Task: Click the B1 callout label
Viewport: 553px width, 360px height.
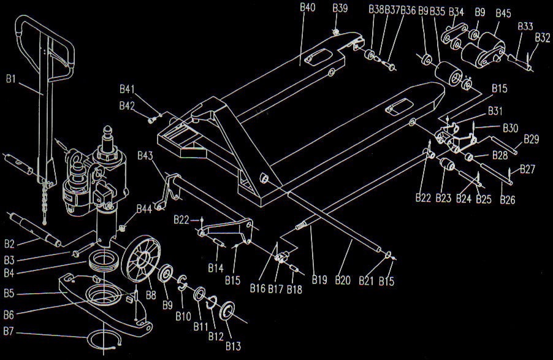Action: [x=12, y=79]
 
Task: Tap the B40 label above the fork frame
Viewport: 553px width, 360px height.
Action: [x=308, y=8]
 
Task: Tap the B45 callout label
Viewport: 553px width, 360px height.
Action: [x=503, y=12]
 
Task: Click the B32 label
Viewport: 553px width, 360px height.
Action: [x=543, y=37]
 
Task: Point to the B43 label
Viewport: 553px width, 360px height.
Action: [x=145, y=155]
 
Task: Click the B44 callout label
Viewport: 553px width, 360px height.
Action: [x=145, y=209]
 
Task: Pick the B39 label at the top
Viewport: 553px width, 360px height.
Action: [x=340, y=8]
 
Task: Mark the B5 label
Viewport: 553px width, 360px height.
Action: [x=9, y=294]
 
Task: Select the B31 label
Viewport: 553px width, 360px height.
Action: [x=495, y=110]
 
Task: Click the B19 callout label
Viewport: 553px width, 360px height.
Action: [x=319, y=281]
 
